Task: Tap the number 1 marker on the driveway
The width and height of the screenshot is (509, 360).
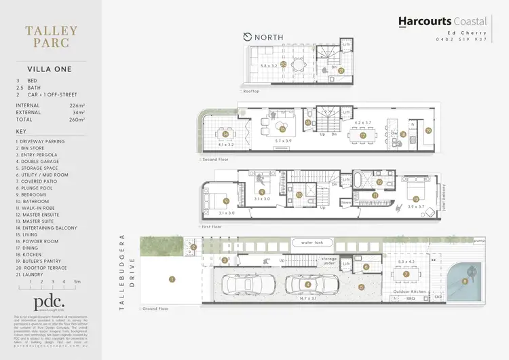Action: click(x=172, y=278)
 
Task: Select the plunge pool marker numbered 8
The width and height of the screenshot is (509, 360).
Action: click(x=464, y=281)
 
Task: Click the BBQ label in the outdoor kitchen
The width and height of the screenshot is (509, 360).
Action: click(x=410, y=298)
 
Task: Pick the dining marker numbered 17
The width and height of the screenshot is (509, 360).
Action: click(x=363, y=135)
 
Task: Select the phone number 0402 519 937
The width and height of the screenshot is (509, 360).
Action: click(x=461, y=39)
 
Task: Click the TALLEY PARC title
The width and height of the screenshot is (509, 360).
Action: click(x=51, y=38)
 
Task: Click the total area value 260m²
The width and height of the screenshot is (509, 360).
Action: click(x=81, y=119)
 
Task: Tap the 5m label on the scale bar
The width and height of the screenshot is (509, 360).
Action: click(x=78, y=281)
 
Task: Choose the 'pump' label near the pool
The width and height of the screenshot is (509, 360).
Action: click(x=480, y=240)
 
